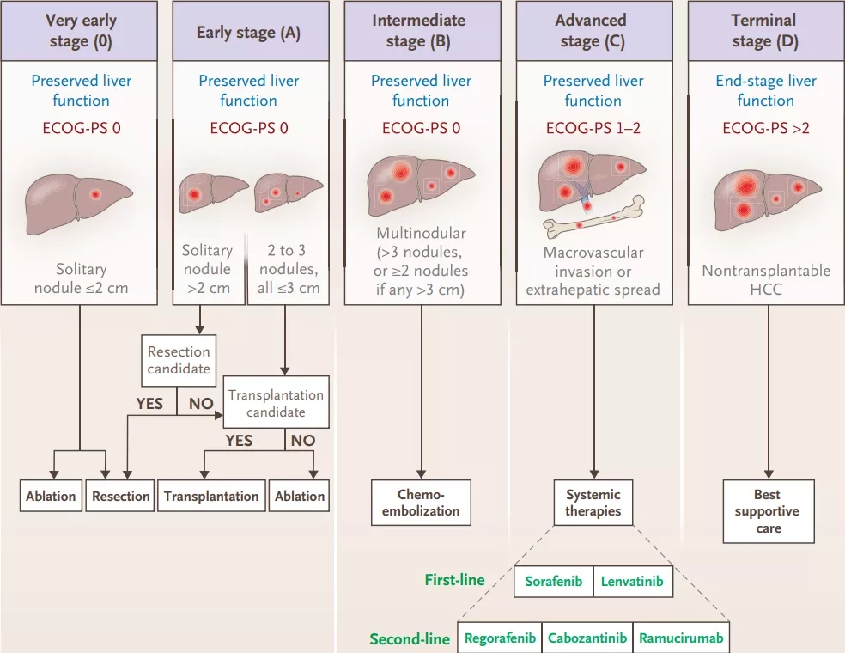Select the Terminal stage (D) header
pos(764,30)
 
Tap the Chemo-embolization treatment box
pos(422,503)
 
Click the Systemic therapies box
pos(593,503)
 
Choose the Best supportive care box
pos(768,511)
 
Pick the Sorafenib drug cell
pos(554,582)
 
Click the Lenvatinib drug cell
pos(632,582)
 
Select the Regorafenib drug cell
pos(500,638)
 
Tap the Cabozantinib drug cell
pos(587,638)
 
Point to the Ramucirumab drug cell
pos(681,638)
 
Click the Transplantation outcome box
pos(211,496)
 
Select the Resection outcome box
pos(120,496)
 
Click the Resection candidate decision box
pos(179,359)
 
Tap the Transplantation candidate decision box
pos(276,403)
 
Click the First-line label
pos(454,580)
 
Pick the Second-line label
pos(410,638)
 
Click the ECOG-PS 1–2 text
pos(593,129)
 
